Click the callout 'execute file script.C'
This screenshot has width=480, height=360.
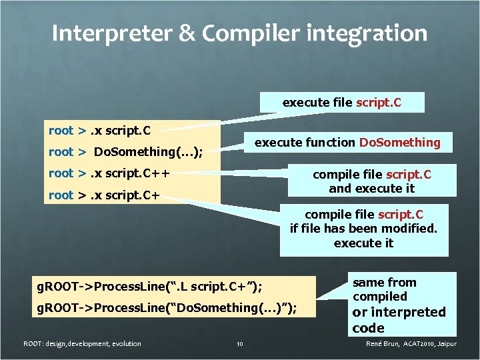point(342,103)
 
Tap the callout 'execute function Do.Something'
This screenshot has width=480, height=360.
point(347,142)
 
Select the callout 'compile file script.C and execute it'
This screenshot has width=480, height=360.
point(372,181)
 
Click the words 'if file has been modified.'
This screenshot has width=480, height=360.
point(363,229)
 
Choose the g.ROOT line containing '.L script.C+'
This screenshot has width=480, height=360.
point(149,287)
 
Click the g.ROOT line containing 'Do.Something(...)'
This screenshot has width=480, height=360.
point(166,308)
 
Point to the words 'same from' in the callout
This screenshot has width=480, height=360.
point(384,283)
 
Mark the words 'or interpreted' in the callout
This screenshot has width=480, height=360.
point(399,312)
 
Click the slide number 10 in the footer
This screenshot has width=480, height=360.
point(240,344)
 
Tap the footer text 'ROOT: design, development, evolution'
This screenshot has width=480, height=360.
point(82,344)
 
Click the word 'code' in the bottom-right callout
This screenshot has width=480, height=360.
point(369,328)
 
